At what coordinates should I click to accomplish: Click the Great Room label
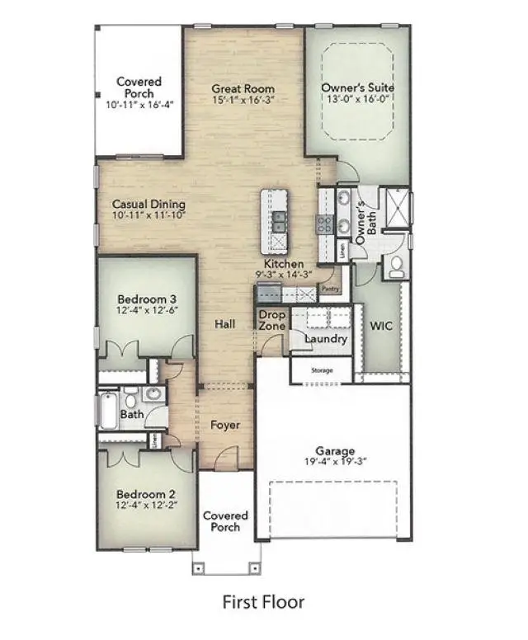pos(243,89)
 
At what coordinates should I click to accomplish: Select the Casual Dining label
pos(148,205)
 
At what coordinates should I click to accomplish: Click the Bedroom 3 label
pos(147,299)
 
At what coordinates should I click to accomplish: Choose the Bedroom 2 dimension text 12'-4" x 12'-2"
pos(148,506)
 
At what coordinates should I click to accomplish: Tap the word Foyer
pos(224,425)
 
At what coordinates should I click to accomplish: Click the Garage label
pos(335,451)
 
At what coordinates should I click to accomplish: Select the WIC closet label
pos(381,326)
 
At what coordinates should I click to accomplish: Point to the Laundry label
pos(326,339)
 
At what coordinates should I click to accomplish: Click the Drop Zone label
pos(272,321)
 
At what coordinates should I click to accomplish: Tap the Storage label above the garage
pos(322,370)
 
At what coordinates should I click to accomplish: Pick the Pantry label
pos(331,289)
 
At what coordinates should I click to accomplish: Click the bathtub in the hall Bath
pos(109,410)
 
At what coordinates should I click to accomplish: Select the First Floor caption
pos(263,602)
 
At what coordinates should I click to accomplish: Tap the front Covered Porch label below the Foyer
pos(225,521)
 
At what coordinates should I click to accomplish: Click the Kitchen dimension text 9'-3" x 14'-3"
pos(283,275)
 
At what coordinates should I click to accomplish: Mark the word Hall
pos(224,324)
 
